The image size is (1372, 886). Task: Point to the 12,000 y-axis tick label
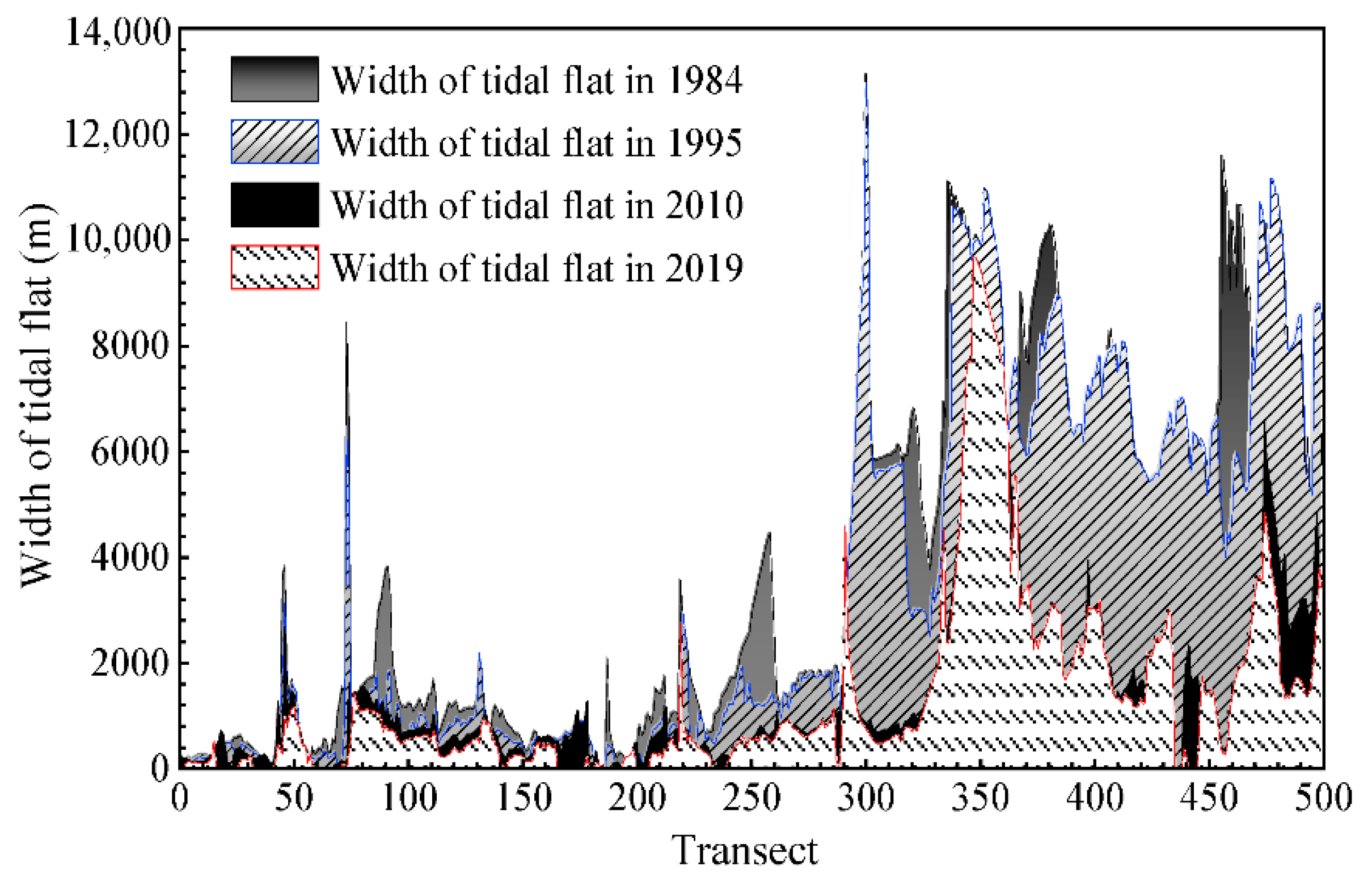(118, 135)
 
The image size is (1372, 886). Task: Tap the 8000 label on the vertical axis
(131, 347)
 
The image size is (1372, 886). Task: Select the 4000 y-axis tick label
(131, 557)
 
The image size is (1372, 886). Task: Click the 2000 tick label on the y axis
(131, 663)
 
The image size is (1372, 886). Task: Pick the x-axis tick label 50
(293, 799)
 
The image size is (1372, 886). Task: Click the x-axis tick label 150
(523, 799)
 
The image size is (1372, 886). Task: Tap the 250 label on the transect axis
(752, 799)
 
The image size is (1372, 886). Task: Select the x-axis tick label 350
(980, 799)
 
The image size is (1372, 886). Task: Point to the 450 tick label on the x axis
(1209, 799)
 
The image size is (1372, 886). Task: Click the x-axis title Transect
(744, 851)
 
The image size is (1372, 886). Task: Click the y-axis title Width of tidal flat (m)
(37, 397)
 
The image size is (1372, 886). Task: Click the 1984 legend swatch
(275, 79)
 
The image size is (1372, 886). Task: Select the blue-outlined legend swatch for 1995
(275, 142)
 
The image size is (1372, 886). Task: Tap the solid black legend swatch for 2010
(275, 205)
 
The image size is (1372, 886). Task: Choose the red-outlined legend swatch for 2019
(275, 268)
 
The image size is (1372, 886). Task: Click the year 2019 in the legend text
(704, 268)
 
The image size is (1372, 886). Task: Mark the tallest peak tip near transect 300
(866, 74)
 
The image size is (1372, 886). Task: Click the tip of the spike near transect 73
(346, 323)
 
